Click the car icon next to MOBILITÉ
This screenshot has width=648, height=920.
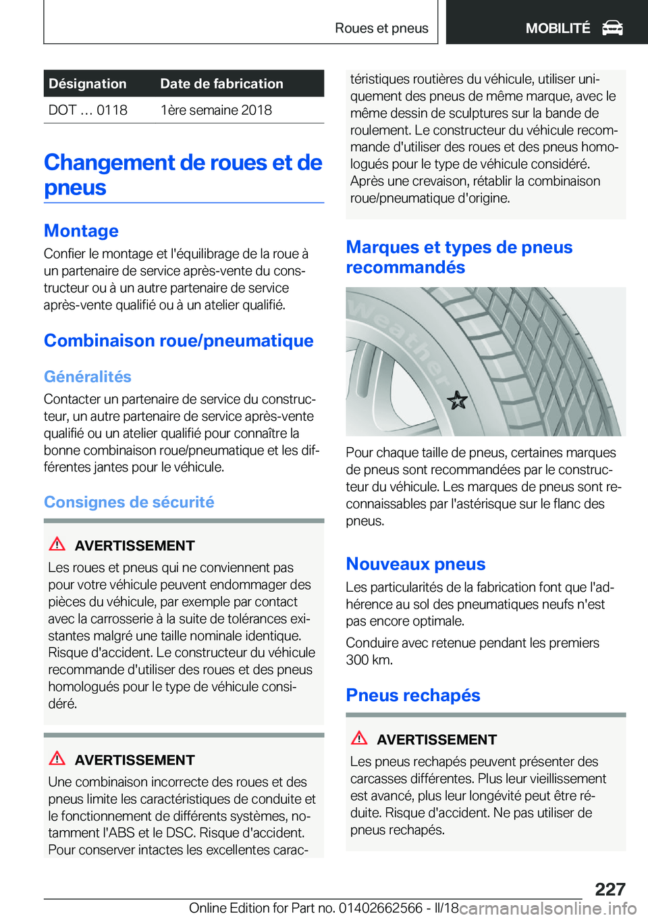(612, 28)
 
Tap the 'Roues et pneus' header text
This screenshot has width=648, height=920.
(381, 28)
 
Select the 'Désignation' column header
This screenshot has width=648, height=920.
(88, 84)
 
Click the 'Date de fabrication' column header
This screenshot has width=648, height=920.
(221, 84)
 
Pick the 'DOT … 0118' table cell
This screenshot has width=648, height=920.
(88, 110)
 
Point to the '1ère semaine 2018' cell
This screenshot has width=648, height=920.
(216, 110)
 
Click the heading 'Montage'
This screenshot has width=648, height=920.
(81, 231)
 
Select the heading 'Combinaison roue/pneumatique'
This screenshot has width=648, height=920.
(179, 340)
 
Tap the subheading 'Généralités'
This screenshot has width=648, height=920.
(88, 376)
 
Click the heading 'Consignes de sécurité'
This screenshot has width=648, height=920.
(129, 502)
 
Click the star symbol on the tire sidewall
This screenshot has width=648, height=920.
(457, 401)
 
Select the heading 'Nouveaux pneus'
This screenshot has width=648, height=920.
(416, 564)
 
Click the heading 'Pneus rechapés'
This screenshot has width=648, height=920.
(413, 695)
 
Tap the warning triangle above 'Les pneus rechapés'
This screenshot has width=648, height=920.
(359, 738)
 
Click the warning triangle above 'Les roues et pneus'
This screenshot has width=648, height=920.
(57, 544)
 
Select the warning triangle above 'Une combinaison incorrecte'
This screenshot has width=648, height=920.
(57, 759)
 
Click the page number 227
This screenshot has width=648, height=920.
(610, 889)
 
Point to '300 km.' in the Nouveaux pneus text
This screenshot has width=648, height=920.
(369, 660)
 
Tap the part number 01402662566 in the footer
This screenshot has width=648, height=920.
(381, 908)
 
